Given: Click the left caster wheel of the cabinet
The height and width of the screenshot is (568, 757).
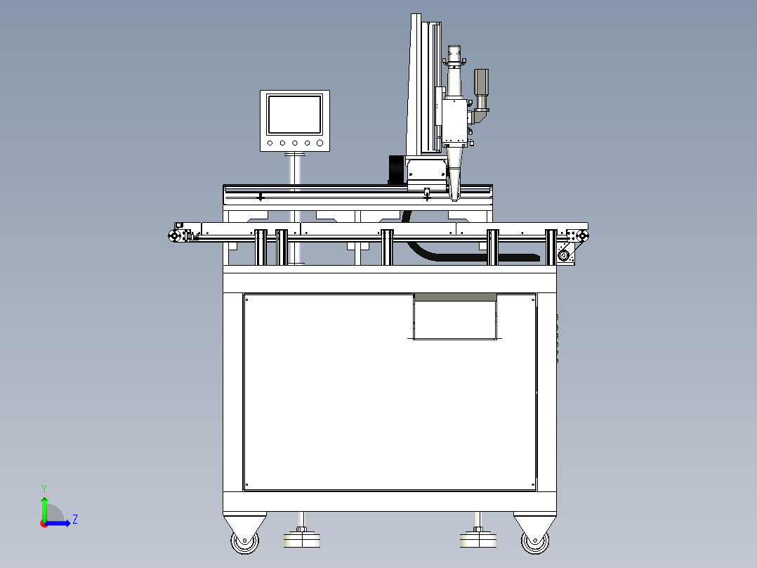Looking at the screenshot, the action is [x=245, y=542].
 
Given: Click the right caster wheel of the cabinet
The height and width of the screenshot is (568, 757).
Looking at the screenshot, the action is [x=535, y=542].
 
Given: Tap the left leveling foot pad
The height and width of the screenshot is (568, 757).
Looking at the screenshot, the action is [x=302, y=539].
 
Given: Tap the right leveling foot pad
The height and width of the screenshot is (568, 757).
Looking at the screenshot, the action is [x=478, y=539].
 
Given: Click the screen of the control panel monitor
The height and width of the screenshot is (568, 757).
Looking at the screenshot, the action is [x=294, y=115].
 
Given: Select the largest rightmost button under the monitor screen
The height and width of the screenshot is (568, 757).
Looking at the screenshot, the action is [x=320, y=143].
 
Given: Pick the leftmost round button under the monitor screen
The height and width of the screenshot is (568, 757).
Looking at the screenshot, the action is [x=270, y=143].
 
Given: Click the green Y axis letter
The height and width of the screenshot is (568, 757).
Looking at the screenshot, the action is [x=44, y=489].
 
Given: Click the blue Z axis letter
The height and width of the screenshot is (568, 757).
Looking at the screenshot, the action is [x=75, y=519].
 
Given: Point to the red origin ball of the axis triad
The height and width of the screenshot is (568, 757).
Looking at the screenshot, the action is [x=44, y=524].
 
